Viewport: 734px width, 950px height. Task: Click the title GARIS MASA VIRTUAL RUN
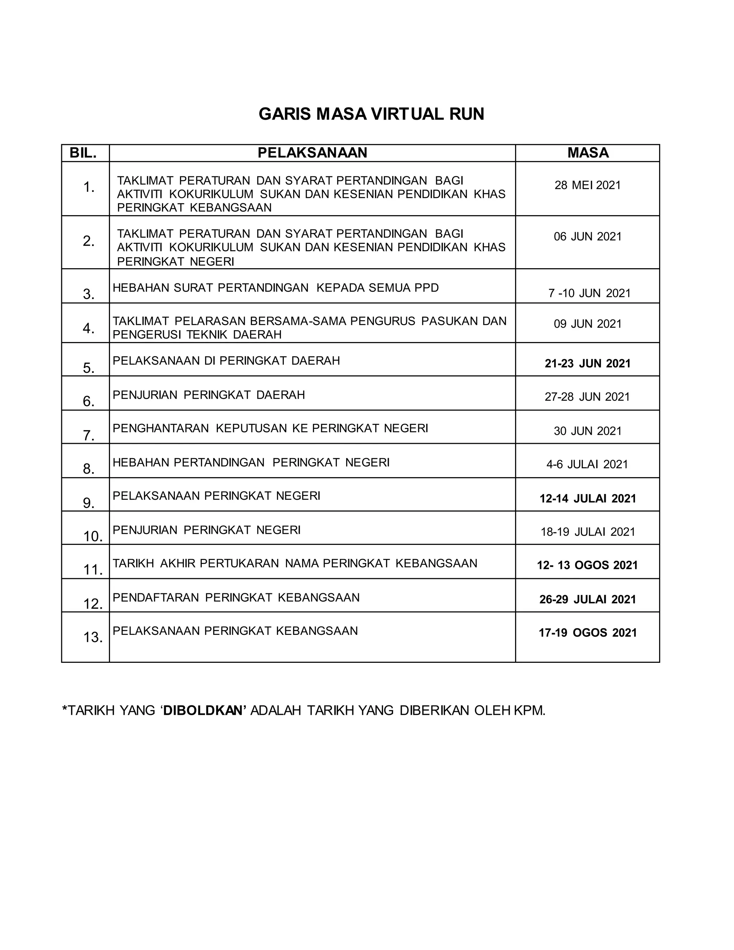(371, 114)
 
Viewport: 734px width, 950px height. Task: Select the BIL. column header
(83, 153)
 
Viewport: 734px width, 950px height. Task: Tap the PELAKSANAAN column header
(312, 153)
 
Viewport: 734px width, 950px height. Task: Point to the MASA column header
(588, 153)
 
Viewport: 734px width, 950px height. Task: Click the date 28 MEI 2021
(587, 185)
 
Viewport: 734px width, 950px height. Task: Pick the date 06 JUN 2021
(587, 237)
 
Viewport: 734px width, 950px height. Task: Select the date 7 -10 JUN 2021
(589, 293)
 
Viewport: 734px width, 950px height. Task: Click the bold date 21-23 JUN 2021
(587, 364)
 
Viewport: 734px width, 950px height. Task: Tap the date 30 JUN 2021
(587, 431)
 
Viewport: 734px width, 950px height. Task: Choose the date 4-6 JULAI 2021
(587, 465)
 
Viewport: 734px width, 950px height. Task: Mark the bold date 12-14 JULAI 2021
(587, 499)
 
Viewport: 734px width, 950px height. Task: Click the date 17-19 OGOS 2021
(587, 633)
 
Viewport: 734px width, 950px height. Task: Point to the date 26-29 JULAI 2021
(587, 599)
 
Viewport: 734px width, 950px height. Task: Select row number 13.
(92, 638)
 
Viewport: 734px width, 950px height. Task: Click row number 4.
(89, 328)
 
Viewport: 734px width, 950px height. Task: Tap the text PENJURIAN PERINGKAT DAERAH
(209, 395)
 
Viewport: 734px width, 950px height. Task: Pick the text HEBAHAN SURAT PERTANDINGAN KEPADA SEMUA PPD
(276, 288)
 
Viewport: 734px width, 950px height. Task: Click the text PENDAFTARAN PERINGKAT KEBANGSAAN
(236, 598)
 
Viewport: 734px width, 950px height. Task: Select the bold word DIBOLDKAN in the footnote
(205, 710)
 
